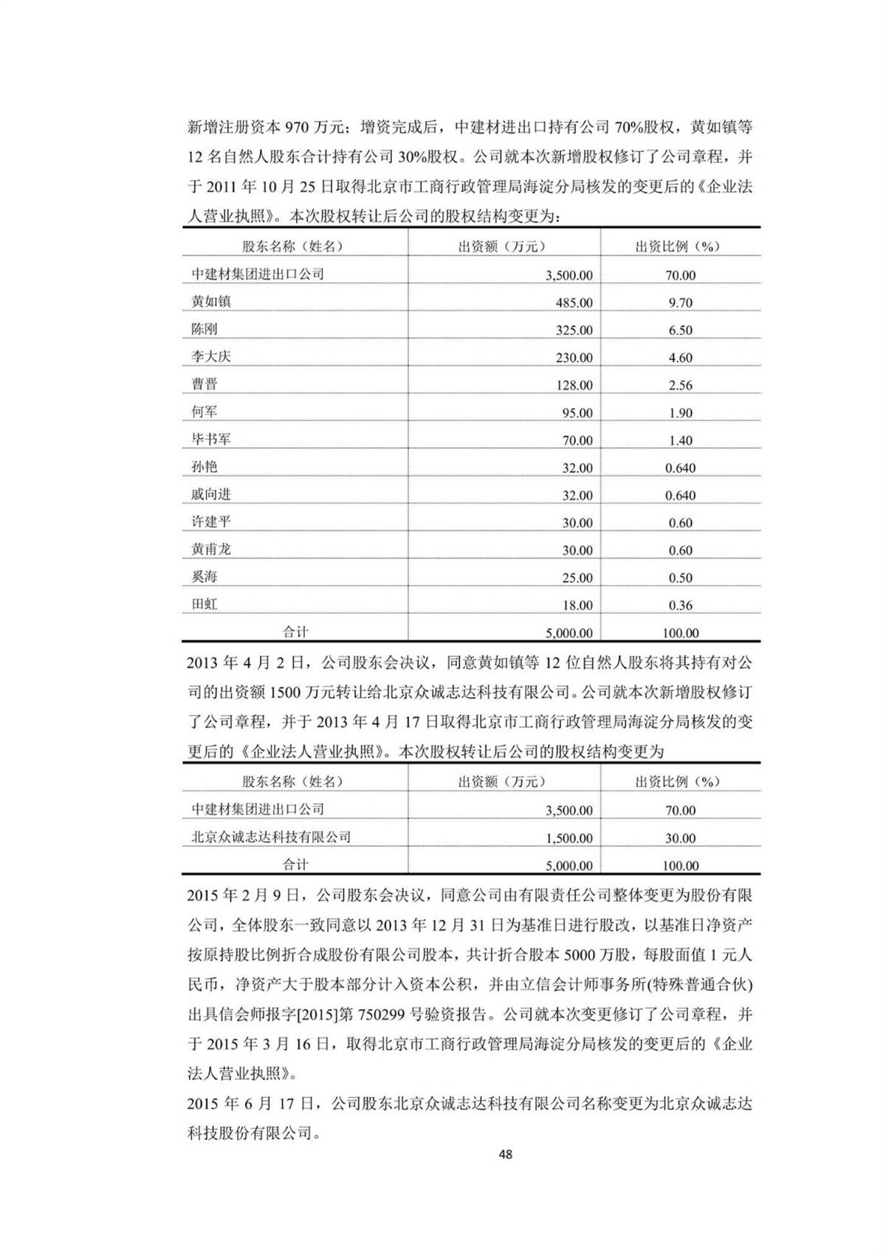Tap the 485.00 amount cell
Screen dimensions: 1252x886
click(574, 302)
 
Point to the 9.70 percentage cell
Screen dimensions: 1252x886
click(680, 302)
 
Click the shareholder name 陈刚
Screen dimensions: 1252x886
click(205, 328)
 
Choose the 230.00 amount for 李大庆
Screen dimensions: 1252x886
click(574, 358)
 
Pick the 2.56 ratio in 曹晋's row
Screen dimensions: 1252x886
click(680, 385)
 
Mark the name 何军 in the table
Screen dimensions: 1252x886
click(205, 411)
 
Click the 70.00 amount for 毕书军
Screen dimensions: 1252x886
click(577, 440)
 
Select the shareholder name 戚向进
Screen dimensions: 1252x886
click(211, 494)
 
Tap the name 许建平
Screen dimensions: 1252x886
click(211, 522)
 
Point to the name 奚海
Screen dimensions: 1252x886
click(205, 576)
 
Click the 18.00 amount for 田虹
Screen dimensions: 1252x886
click(577, 606)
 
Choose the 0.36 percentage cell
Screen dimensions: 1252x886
click(680, 606)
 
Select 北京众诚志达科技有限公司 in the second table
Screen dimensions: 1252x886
click(271, 837)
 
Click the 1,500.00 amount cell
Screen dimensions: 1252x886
click(569, 838)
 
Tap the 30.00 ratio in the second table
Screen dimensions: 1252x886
click(680, 838)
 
